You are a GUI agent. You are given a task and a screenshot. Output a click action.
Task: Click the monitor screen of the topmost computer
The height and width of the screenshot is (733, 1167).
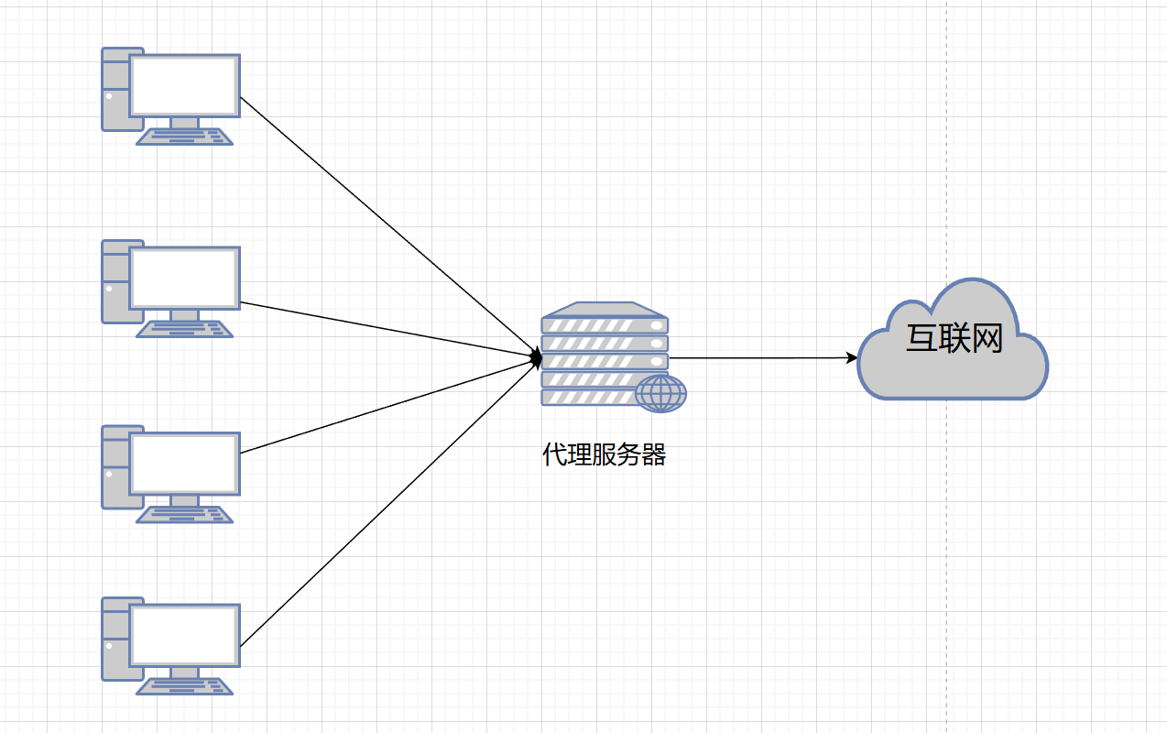click(x=184, y=85)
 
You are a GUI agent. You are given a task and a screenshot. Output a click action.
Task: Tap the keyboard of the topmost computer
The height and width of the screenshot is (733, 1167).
click(x=184, y=137)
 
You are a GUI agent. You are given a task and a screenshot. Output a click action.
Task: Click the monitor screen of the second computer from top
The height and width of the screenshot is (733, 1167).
click(x=184, y=278)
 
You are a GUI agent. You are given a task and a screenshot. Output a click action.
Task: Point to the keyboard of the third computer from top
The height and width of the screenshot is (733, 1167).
click(x=184, y=515)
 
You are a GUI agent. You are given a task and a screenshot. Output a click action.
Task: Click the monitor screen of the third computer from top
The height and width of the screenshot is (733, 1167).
click(x=184, y=464)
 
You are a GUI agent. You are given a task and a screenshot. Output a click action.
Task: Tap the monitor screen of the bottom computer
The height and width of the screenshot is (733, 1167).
click(x=184, y=635)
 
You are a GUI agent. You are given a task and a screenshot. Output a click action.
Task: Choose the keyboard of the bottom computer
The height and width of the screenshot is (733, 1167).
click(x=184, y=686)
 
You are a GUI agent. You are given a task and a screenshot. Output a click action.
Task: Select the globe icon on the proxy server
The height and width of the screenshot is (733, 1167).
click(x=661, y=393)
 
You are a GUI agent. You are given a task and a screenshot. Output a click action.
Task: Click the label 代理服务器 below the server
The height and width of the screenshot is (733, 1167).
click(x=604, y=454)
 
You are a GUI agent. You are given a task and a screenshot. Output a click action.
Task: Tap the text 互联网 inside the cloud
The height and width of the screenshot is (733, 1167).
click(x=954, y=339)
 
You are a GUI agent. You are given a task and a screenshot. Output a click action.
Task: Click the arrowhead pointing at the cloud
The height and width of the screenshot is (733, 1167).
click(x=852, y=357)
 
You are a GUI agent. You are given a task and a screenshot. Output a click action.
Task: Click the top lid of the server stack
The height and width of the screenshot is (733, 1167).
click(x=604, y=309)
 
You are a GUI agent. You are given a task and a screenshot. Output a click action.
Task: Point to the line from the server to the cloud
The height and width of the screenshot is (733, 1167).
click(x=760, y=357)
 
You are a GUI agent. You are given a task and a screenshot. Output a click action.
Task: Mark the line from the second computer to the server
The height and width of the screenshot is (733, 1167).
click(x=385, y=329)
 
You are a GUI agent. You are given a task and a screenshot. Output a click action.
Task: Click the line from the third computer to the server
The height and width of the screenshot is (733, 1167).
click(x=385, y=408)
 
